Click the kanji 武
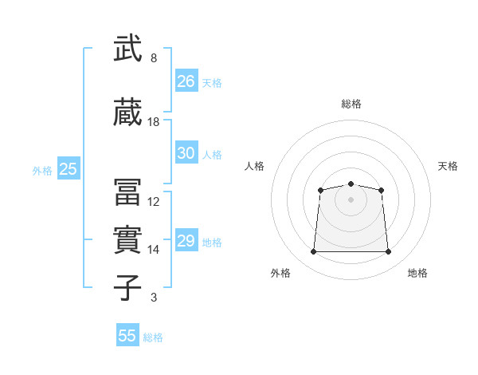(x=127, y=48)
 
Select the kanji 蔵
(x=127, y=112)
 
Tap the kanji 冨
(x=127, y=192)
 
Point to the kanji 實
(x=127, y=239)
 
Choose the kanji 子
(x=127, y=287)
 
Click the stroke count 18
(x=153, y=122)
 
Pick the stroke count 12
(x=153, y=202)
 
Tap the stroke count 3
(x=154, y=298)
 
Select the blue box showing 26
(x=186, y=81)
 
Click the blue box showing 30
(x=186, y=152)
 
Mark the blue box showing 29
(x=186, y=239)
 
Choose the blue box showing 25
(x=69, y=168)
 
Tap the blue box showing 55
(x=127, y=334)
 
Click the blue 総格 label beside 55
(x=153, y=337)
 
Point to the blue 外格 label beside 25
(x=42, y=171)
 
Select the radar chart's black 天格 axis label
(x=448, y=166)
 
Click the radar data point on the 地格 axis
(x=388, y=251)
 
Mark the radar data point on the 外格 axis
(x=313, y=251)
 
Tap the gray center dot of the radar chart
(x=351, y=199)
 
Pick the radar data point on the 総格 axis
(x=351, y=184)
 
